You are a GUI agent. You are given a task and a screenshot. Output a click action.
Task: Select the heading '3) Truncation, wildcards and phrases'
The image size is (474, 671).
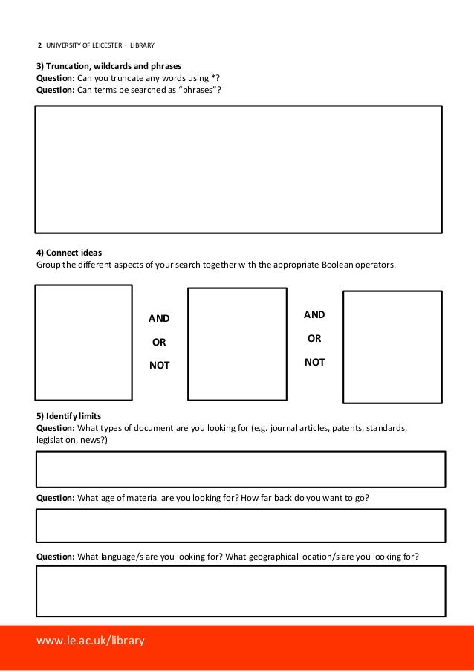tap(108, 65)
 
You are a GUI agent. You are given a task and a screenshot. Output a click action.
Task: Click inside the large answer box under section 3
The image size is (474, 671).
tap(238, 169)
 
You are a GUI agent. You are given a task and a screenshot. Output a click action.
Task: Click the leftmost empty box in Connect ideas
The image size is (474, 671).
tap(83, 343)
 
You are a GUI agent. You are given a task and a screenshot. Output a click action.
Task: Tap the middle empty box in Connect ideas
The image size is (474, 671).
tap(237, 344)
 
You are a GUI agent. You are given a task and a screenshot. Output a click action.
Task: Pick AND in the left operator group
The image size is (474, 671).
tap(159, 318)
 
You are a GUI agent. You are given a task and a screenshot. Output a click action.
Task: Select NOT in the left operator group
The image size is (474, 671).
tap(159, 365)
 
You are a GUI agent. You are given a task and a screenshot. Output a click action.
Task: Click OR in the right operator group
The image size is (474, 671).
tap(314, 339)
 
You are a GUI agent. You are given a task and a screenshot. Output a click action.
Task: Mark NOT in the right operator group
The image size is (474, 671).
tap(314, 363)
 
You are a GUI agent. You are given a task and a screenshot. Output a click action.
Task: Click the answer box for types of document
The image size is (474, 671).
tap(240, 469)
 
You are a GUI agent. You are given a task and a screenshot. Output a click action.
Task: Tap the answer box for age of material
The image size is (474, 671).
tap(240, 526)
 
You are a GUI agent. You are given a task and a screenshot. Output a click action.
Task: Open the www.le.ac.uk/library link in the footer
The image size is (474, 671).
tap(91, 640)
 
